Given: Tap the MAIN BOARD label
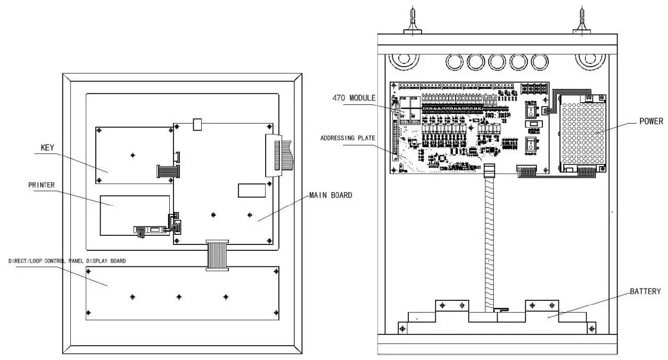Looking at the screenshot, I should [331, 195].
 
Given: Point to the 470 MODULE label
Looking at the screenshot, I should [354, 98].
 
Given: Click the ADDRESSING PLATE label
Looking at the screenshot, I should [348, 138].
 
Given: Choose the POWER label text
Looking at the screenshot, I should [651, 121].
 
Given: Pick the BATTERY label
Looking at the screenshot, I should [645, 291].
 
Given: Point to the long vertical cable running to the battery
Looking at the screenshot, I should [489, 240].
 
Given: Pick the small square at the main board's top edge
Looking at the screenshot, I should [197, 124].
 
